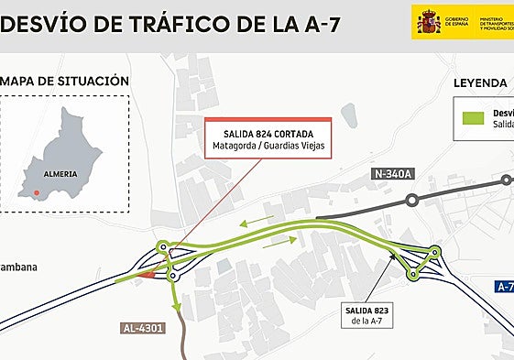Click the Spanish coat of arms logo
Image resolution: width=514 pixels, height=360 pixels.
click(428, 20)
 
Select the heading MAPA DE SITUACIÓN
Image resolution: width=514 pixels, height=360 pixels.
click(63, 81)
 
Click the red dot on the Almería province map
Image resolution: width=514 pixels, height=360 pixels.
click(36, 192)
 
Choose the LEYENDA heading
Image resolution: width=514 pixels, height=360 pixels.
click(481, 83)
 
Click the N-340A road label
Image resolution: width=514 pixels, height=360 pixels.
click(393, 174)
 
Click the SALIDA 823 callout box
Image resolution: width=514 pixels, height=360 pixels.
click(368, 316)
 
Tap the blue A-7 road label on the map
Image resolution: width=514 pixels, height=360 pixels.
click(505, 287)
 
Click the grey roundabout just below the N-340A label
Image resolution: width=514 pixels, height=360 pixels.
click(412, 199)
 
